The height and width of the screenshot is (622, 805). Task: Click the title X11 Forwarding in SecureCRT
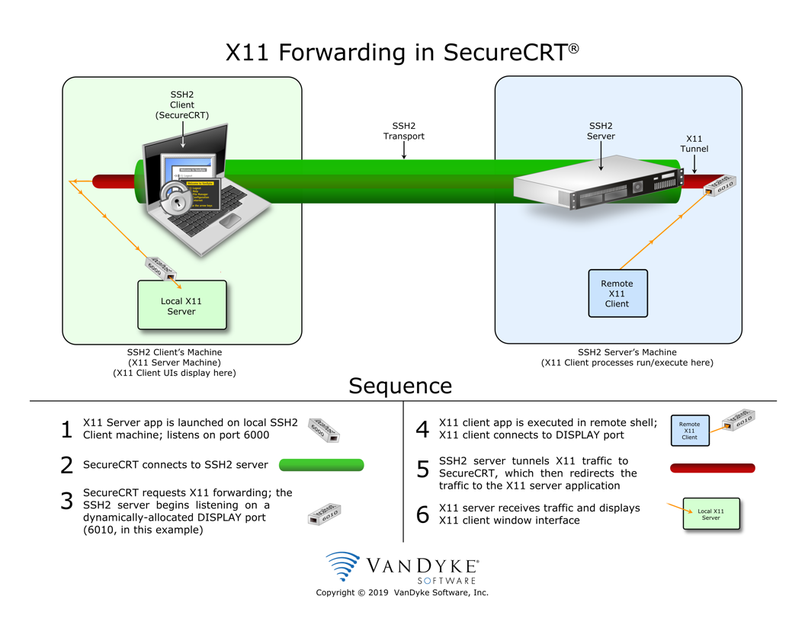(402, 53)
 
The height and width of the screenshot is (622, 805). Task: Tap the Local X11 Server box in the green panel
(181, 306)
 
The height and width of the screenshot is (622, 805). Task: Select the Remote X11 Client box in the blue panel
(617, 293)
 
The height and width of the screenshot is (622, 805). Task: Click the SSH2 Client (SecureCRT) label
(182, 105)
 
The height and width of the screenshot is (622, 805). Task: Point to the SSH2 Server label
(601, 130)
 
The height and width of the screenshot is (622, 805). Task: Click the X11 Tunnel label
(694, 144)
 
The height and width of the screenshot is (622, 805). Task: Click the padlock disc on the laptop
(178, 200)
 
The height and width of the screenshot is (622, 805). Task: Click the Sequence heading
(400, 386)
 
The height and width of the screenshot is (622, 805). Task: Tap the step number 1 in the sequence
(66, 429)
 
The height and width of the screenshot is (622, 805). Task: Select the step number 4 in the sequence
(422, 429)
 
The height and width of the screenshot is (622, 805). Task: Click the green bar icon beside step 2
(321, 465)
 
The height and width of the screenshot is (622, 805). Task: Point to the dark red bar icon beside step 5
(712, 468)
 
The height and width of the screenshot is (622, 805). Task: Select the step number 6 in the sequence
(422, 515)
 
